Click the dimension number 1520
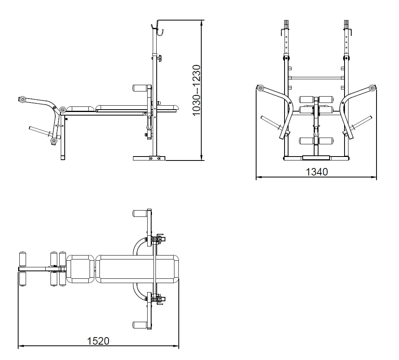click(x=98, y=341)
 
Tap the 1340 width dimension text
click(x=317, y=172)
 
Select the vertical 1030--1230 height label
click(x=197, y=90)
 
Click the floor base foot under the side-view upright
click(x=149, y=158)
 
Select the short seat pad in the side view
click(x=80, y=109)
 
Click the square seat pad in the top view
click(x=80, y=269)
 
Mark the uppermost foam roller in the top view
click(x=140, y=213)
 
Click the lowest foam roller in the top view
click(x=140, y=325)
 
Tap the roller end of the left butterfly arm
click(x=260, y=88)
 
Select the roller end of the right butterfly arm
click(x=372, y=88)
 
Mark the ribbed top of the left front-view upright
click(x=286, y=24)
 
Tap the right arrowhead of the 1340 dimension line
click(x=374, y=177)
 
